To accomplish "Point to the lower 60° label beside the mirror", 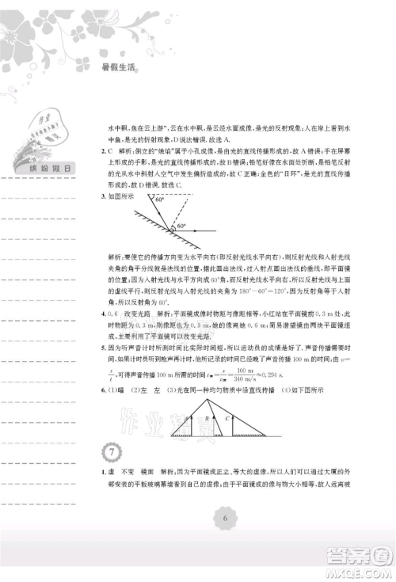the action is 181,226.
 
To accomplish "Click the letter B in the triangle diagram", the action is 206,419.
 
